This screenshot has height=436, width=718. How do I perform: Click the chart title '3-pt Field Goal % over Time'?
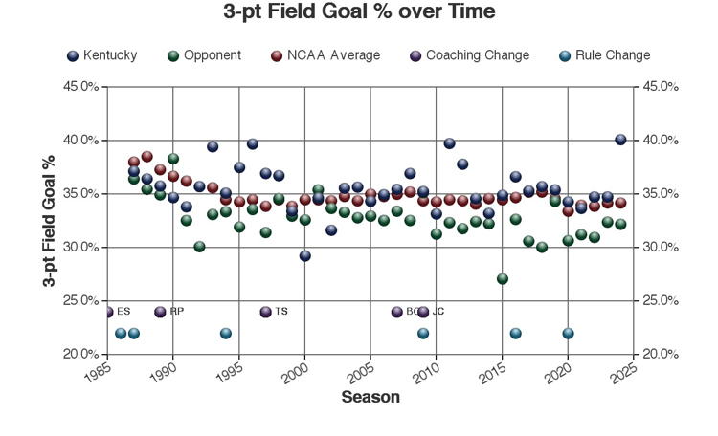(x=359, y=13)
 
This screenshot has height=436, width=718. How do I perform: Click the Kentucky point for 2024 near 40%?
(x=620, y=140)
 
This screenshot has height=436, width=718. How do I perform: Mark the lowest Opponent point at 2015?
(x=502, y=279)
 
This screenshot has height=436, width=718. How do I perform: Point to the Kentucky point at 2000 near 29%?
(x=304, y=255)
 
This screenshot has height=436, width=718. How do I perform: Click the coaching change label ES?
(x=123, y=312)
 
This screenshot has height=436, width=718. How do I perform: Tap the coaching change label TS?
(x=280, y=312)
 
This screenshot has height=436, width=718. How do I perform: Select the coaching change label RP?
(x=176, y=312)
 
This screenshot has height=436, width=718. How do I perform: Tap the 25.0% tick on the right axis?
(x=661, y=301)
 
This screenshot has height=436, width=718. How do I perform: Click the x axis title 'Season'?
(x=370, y=397)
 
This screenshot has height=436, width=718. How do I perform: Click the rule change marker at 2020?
(x=568, y=334)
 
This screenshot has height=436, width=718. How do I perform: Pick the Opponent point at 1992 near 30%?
(x=199, y=247)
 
